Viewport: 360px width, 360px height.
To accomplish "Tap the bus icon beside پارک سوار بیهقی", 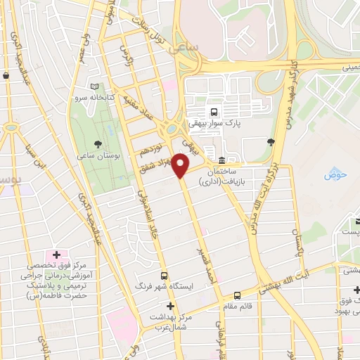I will pos(213,111).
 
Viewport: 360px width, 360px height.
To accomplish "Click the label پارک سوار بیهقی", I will pos(214,123).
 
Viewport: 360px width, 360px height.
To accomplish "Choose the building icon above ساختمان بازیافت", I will pos(222,160).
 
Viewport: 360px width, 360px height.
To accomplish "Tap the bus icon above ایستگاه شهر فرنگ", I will pos(164,276).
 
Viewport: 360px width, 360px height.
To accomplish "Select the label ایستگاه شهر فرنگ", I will pos(164,288).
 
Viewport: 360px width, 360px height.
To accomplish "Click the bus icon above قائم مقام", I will pos(237,296).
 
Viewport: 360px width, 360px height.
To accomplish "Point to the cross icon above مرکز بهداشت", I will pos(170,307).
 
